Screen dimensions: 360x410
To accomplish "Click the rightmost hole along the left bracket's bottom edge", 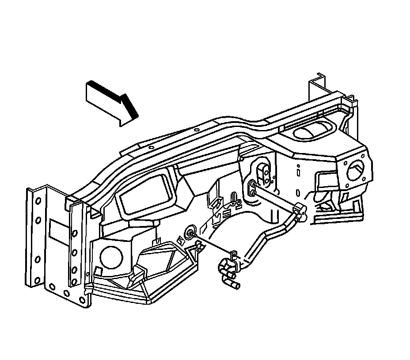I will pos(83,299).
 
